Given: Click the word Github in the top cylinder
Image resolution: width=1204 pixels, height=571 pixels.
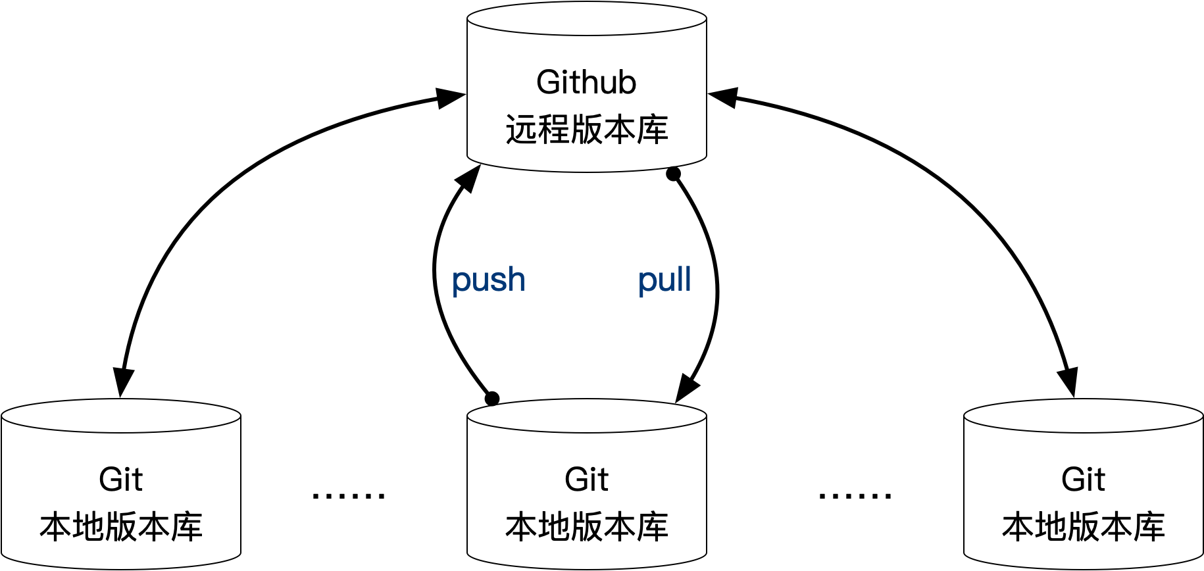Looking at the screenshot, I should [x=586, y=83].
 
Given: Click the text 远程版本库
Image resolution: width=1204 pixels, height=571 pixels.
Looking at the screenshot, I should [x=586, y=129].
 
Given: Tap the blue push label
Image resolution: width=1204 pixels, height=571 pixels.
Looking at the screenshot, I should [x=488, y=280].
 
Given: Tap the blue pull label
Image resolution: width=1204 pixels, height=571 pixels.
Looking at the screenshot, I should [x=665, y=280].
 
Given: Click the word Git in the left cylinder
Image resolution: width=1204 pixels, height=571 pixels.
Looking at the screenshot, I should [x=120, y=480].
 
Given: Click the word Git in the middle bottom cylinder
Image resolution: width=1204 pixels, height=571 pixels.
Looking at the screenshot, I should [x=586, y=480].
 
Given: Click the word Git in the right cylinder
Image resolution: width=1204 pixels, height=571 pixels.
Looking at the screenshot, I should [x=1083, y=480].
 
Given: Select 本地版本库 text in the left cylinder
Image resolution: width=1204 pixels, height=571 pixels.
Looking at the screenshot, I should [x=120, y=527].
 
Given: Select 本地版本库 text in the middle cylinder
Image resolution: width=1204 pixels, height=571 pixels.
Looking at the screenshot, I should [x=586, y=527].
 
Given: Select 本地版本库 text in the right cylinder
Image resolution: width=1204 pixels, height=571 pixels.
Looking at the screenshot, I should [x=1083, y=527].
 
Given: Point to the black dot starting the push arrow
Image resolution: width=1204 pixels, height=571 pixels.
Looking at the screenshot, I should [x=492, y=399].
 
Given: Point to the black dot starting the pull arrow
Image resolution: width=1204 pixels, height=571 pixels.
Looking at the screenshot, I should [x=673, y=174].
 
